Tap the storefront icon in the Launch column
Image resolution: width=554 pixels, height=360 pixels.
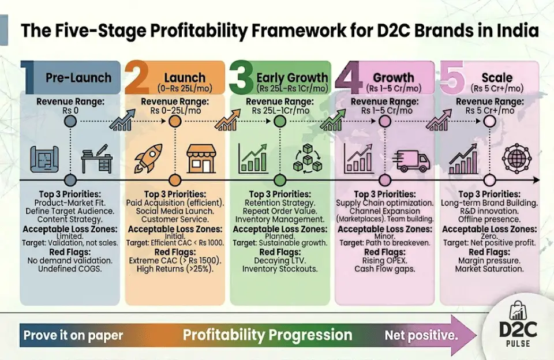click(201, 157)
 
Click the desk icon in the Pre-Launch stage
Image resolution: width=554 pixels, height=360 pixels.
click(96, 157)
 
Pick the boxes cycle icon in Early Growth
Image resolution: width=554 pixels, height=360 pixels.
click(306, 157)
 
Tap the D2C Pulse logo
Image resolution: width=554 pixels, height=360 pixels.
click(517, 333)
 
